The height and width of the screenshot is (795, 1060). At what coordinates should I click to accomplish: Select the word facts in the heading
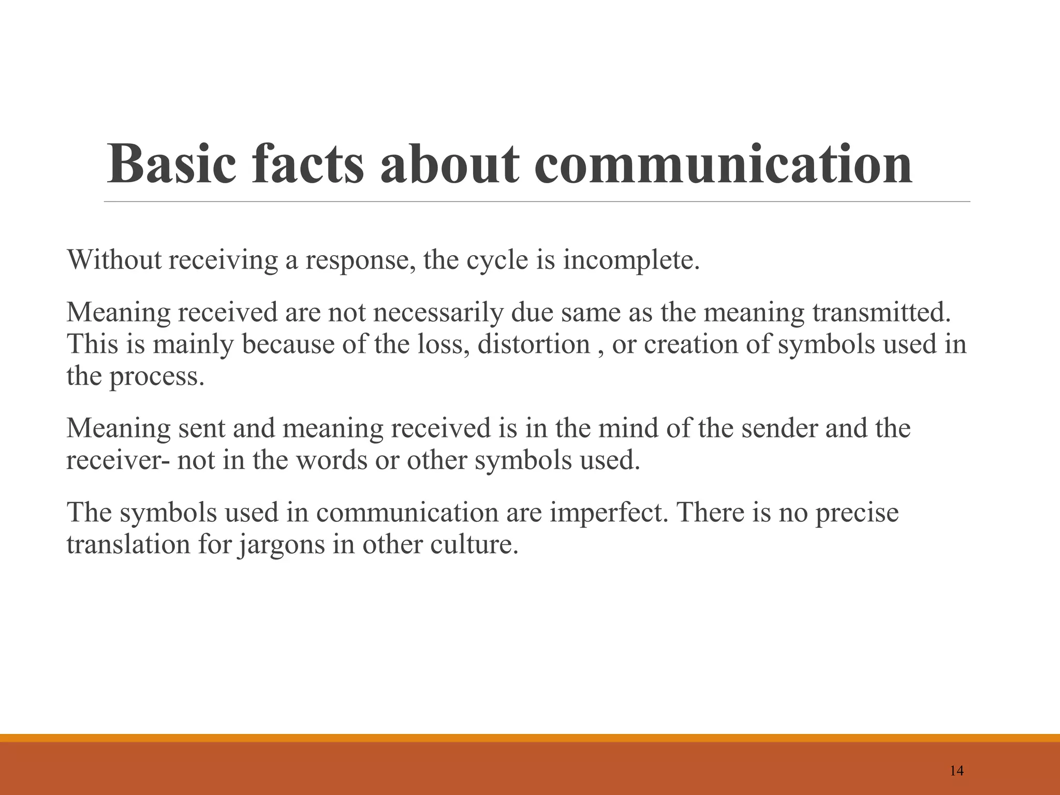click(308, 164)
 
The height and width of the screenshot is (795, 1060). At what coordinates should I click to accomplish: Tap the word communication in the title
click(723, 164)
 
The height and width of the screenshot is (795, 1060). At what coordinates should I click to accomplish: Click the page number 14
click(957, 771)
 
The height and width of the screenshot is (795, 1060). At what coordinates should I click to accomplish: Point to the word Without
click(114, 259)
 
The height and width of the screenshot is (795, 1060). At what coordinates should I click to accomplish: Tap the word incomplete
click(631, 260)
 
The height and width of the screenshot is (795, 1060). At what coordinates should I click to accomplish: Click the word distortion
click(534, 344)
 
